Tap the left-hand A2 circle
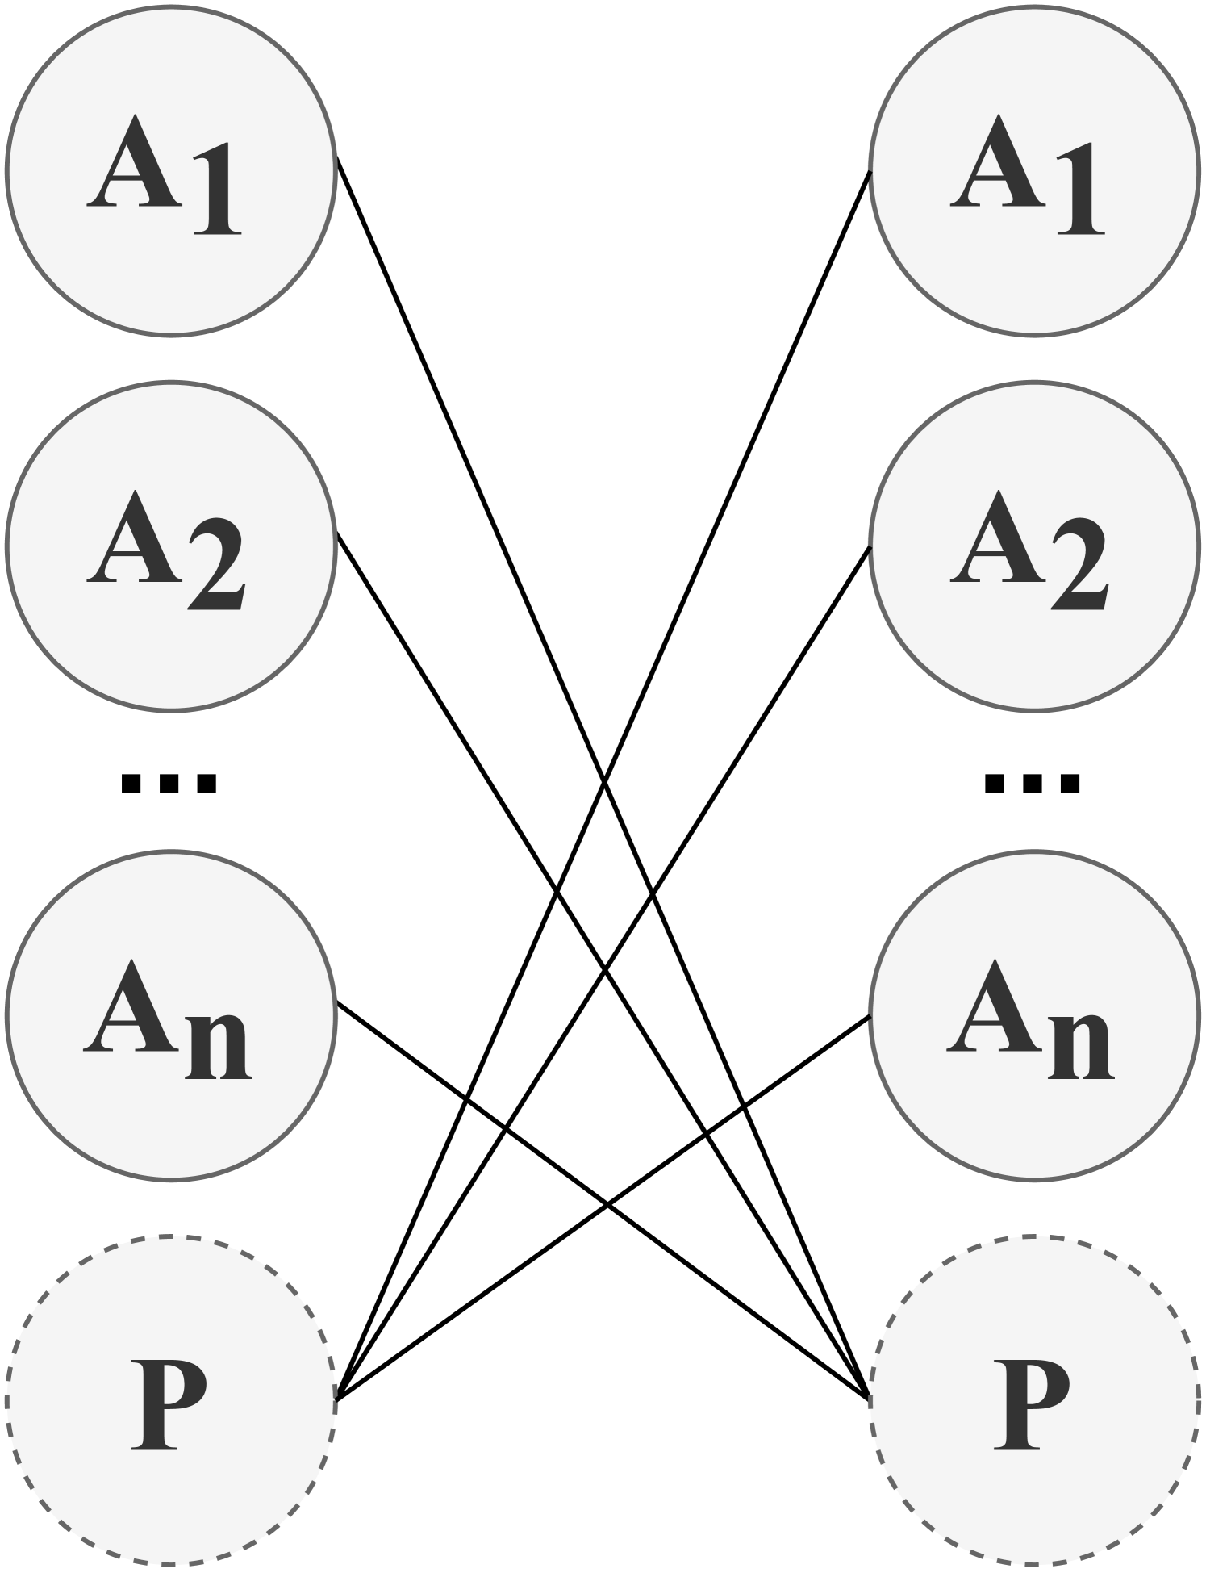tap(170, 546)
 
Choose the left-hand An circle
tap(170, 1014)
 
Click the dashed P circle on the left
tap(170, 1400)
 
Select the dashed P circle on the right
tap(1033, 1400)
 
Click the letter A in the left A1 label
tap(129, 161)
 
